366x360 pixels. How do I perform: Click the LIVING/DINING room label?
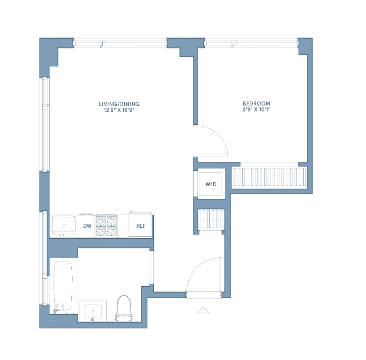click(119, 104)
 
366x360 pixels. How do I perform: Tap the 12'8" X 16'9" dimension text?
click(119, 110)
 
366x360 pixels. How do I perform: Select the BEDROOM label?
click(256, 103)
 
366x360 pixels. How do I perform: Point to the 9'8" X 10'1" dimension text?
click(256, 109)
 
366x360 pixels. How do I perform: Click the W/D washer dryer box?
click(211, 184)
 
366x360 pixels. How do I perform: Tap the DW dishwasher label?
click(88, 226)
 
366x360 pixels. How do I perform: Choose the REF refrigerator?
click(141, 225)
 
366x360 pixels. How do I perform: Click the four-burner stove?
click(106, 226)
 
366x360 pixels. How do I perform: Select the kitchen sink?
click(63, 225)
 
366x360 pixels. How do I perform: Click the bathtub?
click(63, 286)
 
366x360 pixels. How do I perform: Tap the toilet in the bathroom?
click(124, 308)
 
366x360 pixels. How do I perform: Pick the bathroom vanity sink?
click(93, 311)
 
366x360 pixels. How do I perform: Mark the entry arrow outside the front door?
click(203, 310)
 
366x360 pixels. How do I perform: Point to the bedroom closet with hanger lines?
click(270, 177)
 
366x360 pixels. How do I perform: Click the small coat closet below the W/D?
click(211, 219)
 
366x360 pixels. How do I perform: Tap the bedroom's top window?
click(252, 43)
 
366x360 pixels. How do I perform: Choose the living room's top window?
click(120, 43)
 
